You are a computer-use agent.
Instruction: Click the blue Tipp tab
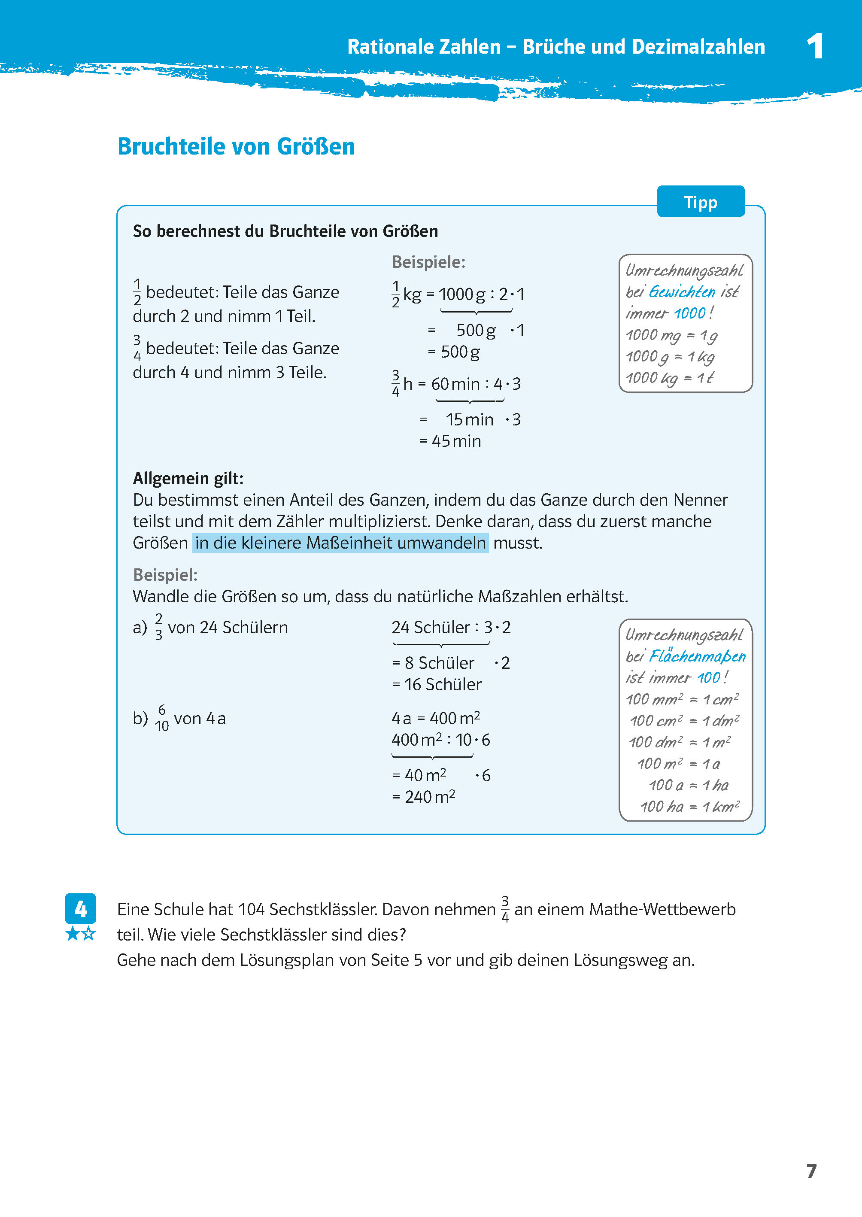coord(700,202)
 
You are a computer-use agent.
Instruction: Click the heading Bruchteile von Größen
coord(236,146)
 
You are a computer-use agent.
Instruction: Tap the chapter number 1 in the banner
coord(815,47)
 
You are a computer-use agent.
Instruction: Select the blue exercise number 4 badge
coord(80,909)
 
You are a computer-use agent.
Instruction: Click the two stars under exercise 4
coord(80,934)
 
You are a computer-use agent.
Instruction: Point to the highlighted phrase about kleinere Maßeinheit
coord(340,543)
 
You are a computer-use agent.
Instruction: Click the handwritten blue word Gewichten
coord(682,292)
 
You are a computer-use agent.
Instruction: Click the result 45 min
coord(456,441)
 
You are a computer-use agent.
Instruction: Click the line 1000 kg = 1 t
coord(670,378)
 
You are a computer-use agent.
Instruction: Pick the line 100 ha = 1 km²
coord(689,807)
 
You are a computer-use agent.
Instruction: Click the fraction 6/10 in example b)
coord(161,718)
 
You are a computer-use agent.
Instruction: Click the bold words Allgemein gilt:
coord(188,478)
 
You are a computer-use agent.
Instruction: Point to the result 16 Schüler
coord(442,685)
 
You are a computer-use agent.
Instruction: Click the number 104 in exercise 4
coord(251,909)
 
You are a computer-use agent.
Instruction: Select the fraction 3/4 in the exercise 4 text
coord(505,909)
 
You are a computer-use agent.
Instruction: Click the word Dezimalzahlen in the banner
coord(698,47)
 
